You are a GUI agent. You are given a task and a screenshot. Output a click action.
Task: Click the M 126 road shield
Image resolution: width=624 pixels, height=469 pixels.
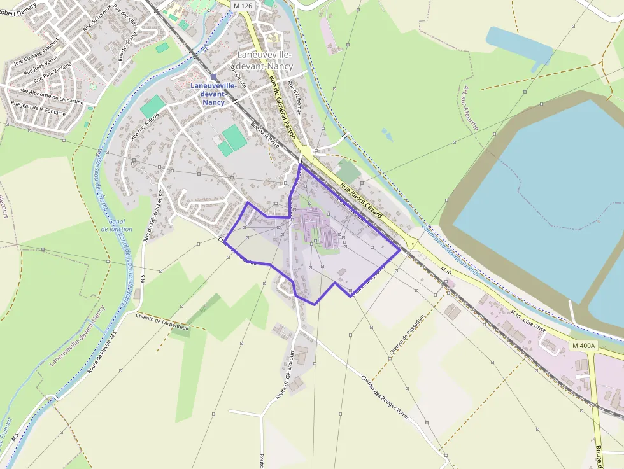pos(242,6)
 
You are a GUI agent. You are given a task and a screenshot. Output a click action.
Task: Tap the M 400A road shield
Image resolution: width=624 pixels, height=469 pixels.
pos(583,346)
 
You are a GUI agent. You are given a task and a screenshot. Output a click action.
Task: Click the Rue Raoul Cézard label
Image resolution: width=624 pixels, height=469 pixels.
pos(361,200)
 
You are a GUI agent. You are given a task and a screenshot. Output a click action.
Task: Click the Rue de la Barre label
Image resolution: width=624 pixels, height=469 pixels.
pos(266,134)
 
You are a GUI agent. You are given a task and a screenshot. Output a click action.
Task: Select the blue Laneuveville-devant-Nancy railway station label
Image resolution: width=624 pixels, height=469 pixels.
pos(214,94)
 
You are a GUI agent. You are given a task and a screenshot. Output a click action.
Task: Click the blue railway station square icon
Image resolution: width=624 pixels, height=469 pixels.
pos(214,77)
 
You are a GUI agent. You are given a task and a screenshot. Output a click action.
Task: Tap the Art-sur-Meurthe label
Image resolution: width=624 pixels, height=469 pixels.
pos(471,108)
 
